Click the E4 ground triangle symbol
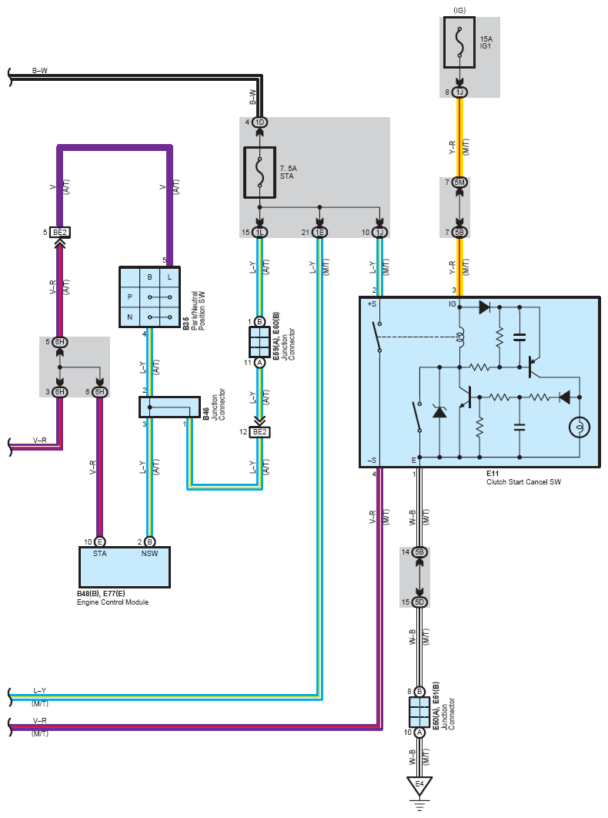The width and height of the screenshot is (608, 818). (419, 786)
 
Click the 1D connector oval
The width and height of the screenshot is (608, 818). (259, 122)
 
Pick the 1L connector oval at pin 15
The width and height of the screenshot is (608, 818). (259, 232)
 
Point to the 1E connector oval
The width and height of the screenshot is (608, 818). (319, 232)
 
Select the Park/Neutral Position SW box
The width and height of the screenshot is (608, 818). (149, 297)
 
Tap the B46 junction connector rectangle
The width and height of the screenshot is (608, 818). (169, 407)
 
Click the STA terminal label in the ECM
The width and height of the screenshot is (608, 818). (100, 553)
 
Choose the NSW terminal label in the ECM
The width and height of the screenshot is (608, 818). (150, 553)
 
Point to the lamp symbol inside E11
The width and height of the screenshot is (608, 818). (578, 427)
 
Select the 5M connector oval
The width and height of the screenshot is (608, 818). (459, 182)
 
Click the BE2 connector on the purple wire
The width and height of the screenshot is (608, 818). (60, 232)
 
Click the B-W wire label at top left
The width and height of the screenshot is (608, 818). (40, 70)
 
